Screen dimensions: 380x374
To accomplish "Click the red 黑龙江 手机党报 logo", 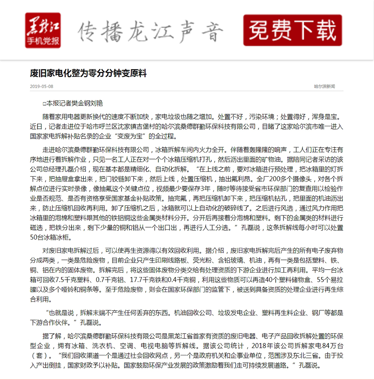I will (43, 30).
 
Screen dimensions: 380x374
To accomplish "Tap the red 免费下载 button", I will (292, 30).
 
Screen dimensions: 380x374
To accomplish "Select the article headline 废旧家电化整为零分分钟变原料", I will (88, 73).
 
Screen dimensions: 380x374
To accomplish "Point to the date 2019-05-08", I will (42, 86).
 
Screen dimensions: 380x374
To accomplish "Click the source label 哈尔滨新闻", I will (324, 86).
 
